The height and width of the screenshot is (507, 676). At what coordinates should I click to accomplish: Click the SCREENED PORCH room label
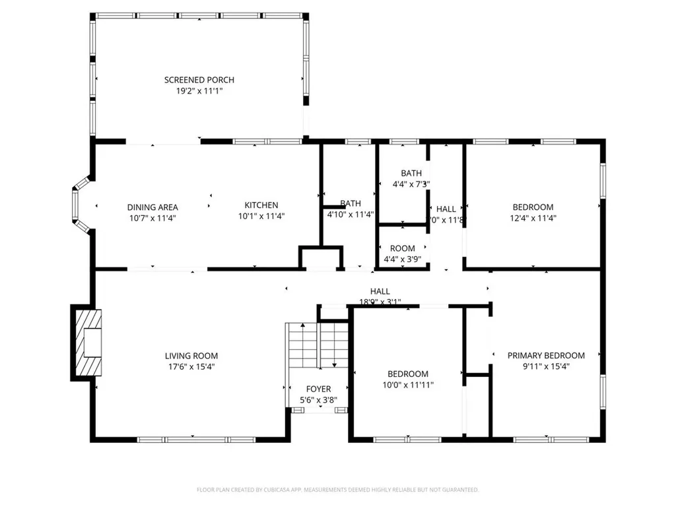(x=199, y=80)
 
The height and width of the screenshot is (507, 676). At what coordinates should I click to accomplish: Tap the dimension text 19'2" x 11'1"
(x=199, y=91)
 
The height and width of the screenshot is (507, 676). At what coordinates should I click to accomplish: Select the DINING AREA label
(x=152, y=207)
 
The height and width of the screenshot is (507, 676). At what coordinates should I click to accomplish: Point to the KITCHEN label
(x=261, y=205)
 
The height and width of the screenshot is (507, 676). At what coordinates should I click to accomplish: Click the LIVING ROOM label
(x=191, y=356)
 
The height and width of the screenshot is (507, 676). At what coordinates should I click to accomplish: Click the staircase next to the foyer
(x=317, y=346)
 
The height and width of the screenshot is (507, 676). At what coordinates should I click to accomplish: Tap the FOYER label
(x=319, y=389)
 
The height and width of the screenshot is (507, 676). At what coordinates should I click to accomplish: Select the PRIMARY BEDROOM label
(x=546, y=355)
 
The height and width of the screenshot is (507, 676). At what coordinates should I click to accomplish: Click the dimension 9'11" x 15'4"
(x=546, y=366)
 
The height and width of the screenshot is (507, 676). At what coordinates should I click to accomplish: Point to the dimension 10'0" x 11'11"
(x=408, y=385)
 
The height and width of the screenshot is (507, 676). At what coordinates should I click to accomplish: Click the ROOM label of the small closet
(x=403, y=249)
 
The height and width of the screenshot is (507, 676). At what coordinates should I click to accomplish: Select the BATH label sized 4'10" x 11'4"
(x=351, y=203)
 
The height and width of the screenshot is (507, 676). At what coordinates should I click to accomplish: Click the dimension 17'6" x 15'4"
(x=191, y=367)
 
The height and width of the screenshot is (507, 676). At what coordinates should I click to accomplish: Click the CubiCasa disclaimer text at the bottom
(x=338, y=490)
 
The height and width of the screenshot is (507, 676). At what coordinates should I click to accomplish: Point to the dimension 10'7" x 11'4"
(x=152, y=218)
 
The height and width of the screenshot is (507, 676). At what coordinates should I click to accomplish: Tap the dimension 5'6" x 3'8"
(x=319, y=400)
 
